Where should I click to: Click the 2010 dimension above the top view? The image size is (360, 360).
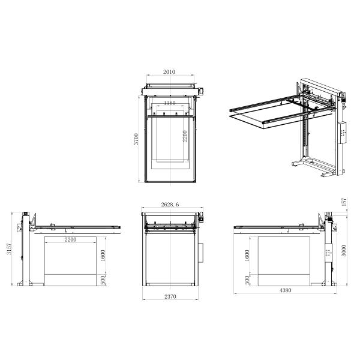pos(169,72)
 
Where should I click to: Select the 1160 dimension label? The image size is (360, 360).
pos(169,103)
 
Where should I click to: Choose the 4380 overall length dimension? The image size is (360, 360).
pos(285,291)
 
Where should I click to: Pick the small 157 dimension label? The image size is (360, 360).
pos(344,203)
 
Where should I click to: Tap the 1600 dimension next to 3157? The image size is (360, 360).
pos(103,254)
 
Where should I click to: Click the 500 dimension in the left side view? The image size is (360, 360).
pos(103,280)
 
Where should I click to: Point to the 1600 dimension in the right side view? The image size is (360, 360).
pos(248,254)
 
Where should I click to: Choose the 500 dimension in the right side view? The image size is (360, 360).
pos(248,280)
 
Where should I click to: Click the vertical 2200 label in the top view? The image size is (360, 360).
pos(186,137)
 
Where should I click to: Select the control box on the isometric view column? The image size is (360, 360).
pos(343,133)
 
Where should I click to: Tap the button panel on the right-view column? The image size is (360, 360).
pos(328,254)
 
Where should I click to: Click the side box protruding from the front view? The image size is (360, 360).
pos(200,252)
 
